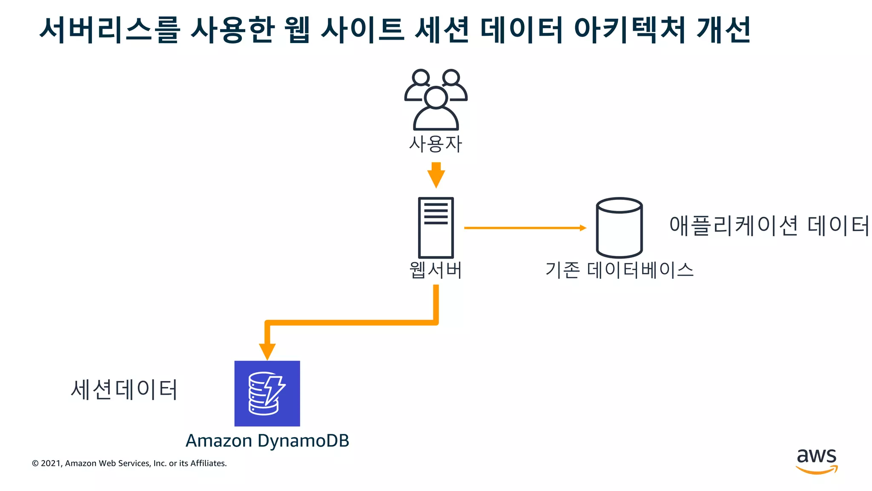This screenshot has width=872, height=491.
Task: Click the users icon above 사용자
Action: point(436,100)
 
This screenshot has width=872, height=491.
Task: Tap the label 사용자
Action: point(436,144)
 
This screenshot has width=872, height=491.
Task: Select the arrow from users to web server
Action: point(436,175)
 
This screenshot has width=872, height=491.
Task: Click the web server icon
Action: point(436,227)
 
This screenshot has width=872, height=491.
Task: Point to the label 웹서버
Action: point(436,270)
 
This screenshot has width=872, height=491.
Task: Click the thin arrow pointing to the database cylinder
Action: point(525,228)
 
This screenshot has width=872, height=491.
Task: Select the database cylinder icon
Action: point(619,227)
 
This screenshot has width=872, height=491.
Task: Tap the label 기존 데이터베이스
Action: point(620,270)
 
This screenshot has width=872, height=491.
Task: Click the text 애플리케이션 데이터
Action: point(769,225)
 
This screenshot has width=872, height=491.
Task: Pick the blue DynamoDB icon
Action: point(267,393)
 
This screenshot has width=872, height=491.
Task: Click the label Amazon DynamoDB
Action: point(267,441)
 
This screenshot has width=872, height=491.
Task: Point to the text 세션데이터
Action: point(124,389)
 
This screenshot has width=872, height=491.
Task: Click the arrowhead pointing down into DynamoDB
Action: point(267,351)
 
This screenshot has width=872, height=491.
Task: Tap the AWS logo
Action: point(816,461)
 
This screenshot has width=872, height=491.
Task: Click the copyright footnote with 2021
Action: point(129,463)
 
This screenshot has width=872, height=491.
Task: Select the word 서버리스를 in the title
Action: point(110,30)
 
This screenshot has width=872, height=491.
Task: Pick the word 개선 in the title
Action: point(723,30)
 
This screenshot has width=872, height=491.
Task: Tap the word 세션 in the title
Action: point(442,30)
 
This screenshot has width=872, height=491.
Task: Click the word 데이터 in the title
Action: point(522,30)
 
